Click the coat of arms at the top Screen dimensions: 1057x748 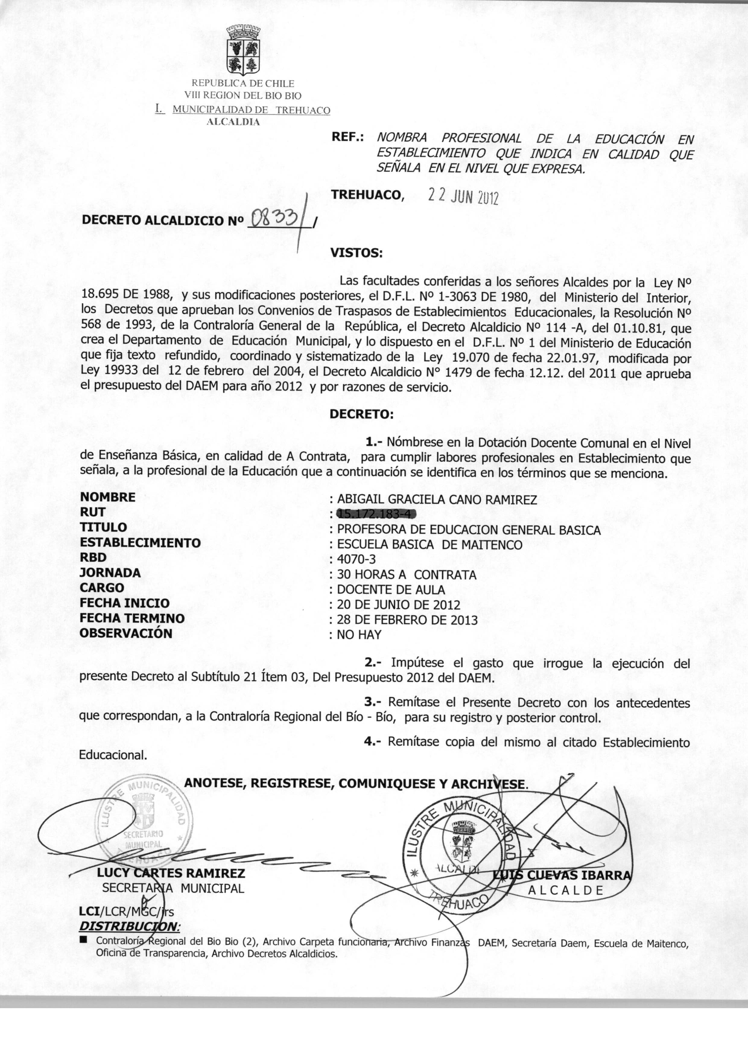(x=243, y=50)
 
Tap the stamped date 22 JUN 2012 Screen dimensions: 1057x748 (x=463, y=197)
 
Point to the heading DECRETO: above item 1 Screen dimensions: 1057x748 (x=362, y=414)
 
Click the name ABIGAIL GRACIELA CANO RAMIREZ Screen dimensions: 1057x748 (x=437, y=500)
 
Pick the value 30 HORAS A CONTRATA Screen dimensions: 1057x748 (x=406, y=575)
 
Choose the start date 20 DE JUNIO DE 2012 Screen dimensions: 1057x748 (x=398, y=605)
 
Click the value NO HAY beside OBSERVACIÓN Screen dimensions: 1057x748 (x=359, y=635)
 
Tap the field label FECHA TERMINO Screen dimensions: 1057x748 (x=132, y=618)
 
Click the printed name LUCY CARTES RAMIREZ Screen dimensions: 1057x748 (x=171, y=873)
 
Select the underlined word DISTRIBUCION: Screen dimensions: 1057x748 (x=130, y=926)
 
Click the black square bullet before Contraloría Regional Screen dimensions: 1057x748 (x=83, y=939)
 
